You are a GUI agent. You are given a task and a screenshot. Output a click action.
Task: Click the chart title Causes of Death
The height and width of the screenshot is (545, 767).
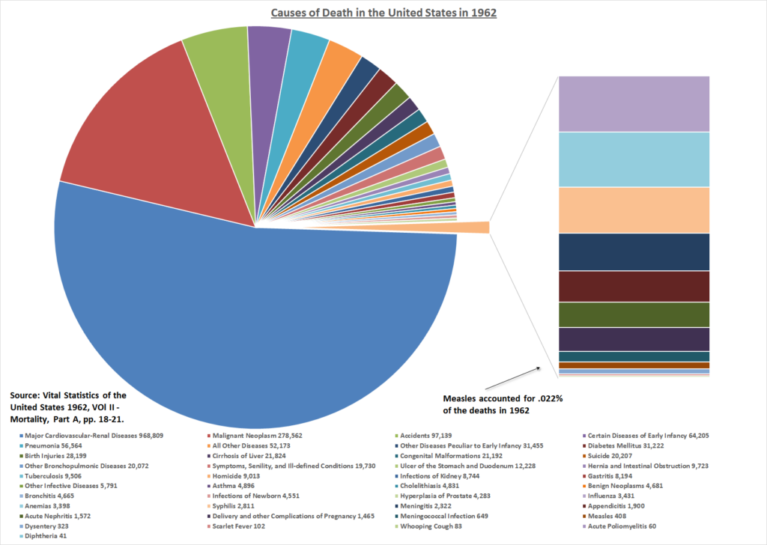click(x=383, y=12)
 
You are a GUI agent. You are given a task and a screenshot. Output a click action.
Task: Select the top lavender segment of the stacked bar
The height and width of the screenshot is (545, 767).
click(x=634, y=103)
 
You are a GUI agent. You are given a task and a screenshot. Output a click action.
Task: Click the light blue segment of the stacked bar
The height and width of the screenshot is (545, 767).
click(x=634, y=159)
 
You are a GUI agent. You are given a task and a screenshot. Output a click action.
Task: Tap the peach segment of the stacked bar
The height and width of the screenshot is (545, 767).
click(x=634, y=210)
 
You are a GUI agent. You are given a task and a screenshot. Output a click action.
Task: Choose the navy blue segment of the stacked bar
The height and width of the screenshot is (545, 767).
click(x=634, y=252)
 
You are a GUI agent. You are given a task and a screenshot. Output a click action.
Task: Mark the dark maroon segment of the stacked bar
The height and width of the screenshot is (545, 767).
click(x=634, y=286)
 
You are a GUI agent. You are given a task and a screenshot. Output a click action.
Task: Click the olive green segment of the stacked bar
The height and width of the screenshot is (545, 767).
click(x=634, y=314)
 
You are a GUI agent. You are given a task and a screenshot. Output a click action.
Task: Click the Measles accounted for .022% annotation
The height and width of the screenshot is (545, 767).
click(x=503, y=404)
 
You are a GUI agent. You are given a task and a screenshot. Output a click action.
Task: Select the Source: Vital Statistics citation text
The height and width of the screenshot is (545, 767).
click(x=67, y=407)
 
